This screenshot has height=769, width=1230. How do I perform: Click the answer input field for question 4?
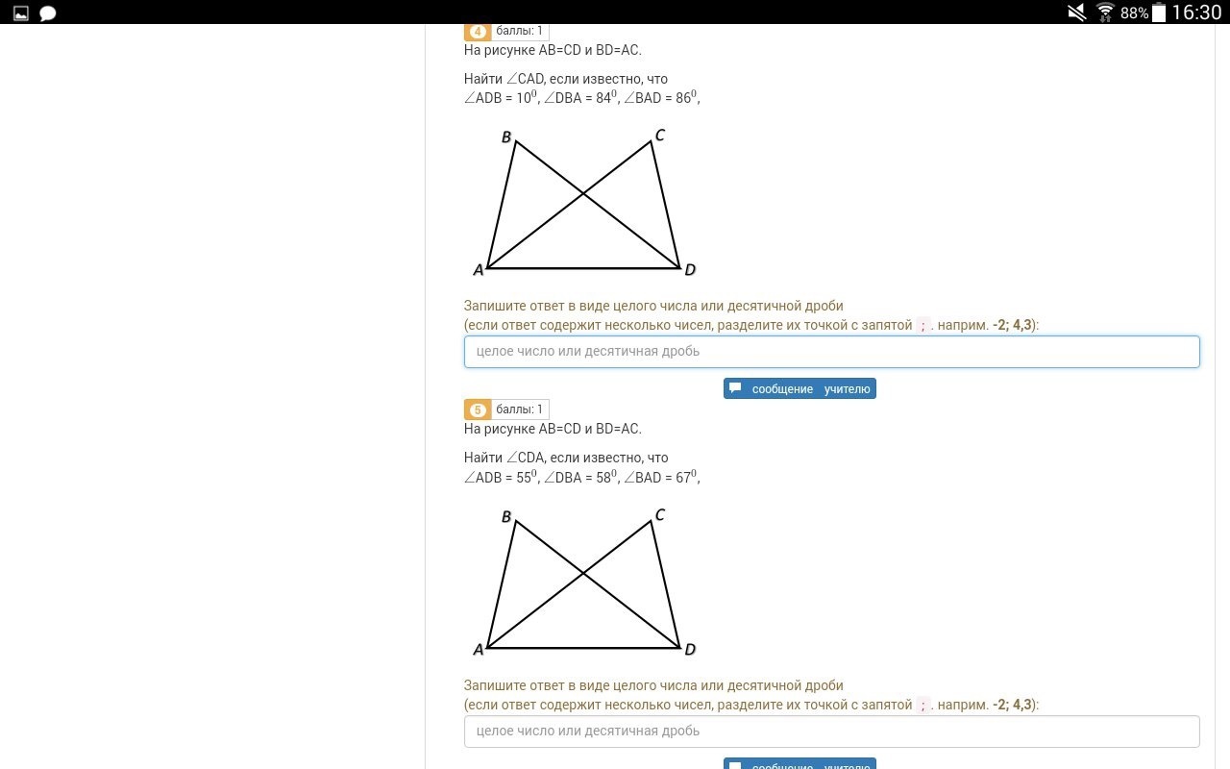(x=831, y=352)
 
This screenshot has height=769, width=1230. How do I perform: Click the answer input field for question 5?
(x=831, y=732)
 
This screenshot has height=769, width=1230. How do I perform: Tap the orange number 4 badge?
(x=478, y=32)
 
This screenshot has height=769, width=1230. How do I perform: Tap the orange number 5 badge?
(x=478, y=409)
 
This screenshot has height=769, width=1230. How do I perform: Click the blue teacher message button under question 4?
(x=799, y=388)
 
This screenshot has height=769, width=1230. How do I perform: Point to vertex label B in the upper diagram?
(x=506, y=136)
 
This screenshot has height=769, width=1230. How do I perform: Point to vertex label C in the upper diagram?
(x=660, y=135)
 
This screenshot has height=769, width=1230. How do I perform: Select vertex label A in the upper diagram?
(x=479, y=270)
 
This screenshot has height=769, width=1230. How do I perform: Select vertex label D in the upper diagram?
(x=690, y=270)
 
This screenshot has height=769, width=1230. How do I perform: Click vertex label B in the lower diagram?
(x=506, y=516)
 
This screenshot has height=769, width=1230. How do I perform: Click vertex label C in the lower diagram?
(x=660, y=514)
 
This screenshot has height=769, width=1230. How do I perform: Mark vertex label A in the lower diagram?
(x=479, y=650)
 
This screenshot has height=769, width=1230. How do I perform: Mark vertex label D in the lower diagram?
(x=690, y=650)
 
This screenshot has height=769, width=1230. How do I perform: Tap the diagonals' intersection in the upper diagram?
(x=583, y=193)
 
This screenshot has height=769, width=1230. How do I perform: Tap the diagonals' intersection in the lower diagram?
(x=583, y=574)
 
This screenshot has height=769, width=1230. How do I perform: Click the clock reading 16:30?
(x=1197, y=12)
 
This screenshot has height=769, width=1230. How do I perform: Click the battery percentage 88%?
(x=1135, y=12)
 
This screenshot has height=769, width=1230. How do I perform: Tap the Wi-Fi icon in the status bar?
(x=1105, y=12)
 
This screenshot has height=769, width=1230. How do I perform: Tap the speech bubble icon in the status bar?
(x=48, y=13)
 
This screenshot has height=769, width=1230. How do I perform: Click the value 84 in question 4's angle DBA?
(x=603, y=98)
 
